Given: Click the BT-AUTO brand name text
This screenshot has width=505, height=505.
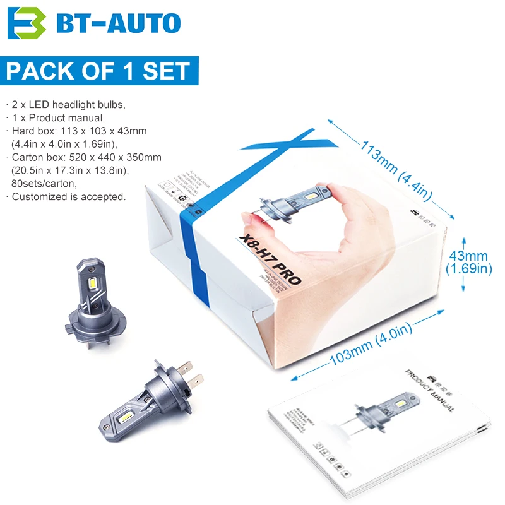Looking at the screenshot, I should tap(119, 23).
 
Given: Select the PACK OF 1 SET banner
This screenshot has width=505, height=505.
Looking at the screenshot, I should tap(98, 71).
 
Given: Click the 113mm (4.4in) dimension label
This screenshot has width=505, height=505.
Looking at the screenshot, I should tap(396, 170).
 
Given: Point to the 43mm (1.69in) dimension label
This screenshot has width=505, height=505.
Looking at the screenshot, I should tap(468, 263).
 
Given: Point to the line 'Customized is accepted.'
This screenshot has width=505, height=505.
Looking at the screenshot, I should tap(68, 197).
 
